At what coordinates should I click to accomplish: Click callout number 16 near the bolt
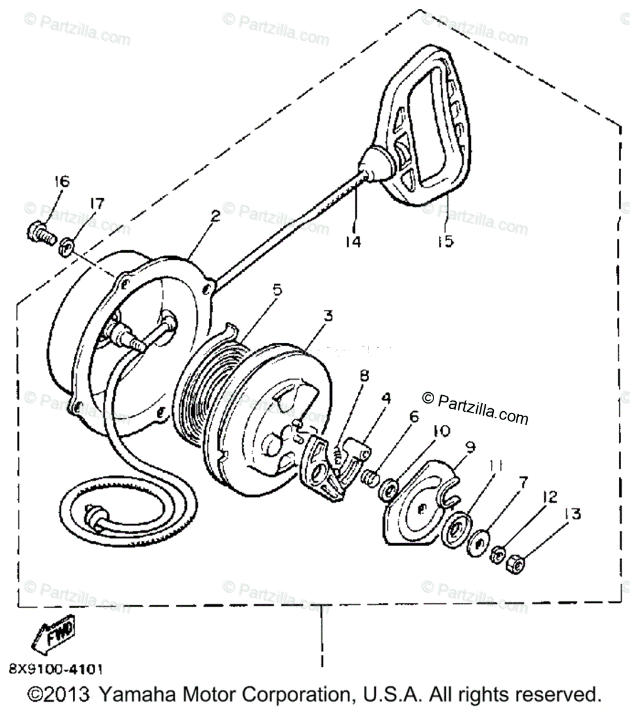tap(62, 182)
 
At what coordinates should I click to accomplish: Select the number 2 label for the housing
tap(215, 217)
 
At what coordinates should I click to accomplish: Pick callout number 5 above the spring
tap(277, 290)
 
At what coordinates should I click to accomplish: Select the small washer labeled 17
tap(66, 243)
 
